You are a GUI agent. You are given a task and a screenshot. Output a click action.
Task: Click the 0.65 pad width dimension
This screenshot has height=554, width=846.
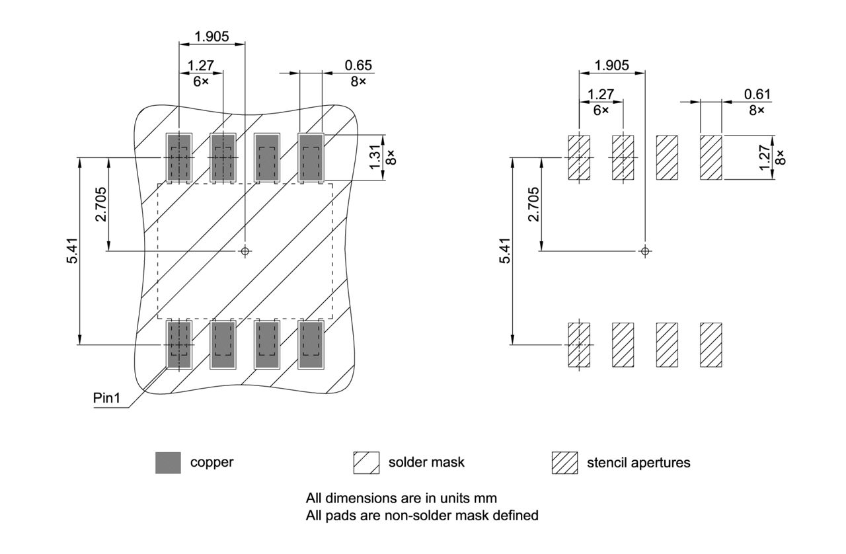[x=358, y=65]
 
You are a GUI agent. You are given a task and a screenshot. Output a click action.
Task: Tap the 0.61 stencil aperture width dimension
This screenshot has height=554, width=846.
[x=757, y=95]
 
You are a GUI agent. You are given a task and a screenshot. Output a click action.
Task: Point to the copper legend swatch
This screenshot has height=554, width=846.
[x=168, y=463]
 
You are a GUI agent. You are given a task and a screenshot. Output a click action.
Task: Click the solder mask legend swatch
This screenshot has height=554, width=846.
[x=366, y=463]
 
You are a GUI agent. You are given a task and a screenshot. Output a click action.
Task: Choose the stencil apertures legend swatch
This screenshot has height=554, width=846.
[x=564, y=463]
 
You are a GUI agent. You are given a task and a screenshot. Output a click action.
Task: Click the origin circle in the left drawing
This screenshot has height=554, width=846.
[x=245, y=251]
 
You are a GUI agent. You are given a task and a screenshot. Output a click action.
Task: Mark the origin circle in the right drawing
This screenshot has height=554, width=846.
[x=646, y=251]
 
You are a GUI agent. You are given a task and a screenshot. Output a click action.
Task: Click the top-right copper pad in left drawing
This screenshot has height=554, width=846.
[x=311, y=157]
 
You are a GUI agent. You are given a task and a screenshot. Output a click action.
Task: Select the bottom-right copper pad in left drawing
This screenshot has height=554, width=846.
[x=311, y=344]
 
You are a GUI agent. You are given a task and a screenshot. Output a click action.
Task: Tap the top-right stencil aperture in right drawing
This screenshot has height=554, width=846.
[x=711, y=157]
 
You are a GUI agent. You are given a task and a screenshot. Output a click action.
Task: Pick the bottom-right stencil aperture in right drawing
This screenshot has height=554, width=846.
[x=711, y=344]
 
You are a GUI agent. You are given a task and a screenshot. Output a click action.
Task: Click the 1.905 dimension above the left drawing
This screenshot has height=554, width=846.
[x=211, y=36]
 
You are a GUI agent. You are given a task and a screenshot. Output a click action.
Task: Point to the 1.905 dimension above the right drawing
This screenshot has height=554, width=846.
[x=611, y=65]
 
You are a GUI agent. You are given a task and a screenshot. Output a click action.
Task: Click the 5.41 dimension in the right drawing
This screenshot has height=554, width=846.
[x=505, y=251]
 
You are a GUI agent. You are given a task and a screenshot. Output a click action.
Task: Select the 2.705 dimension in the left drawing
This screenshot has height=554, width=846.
[x=100, y=205]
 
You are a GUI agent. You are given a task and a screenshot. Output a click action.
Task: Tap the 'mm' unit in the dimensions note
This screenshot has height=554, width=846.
[x=487, y=497]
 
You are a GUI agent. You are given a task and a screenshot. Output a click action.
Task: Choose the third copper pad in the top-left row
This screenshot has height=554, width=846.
[x=266, y=157]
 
